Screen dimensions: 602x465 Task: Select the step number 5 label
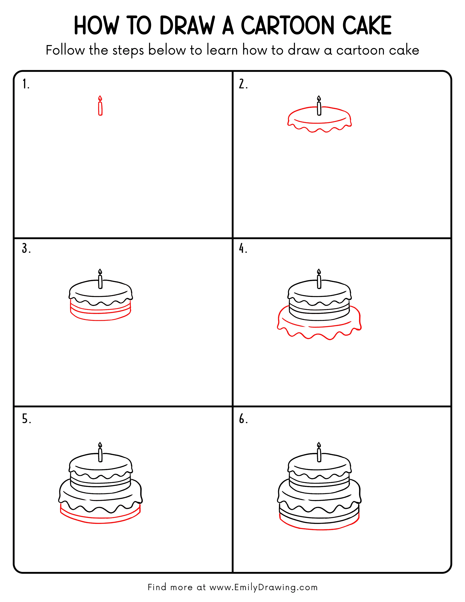click(26, 419)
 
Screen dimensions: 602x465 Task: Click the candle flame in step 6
click(319, 445)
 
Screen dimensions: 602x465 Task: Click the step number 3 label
click(26, 249)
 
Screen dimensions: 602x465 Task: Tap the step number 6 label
click(243, 419)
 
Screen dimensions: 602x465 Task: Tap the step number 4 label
click(243, 249)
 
